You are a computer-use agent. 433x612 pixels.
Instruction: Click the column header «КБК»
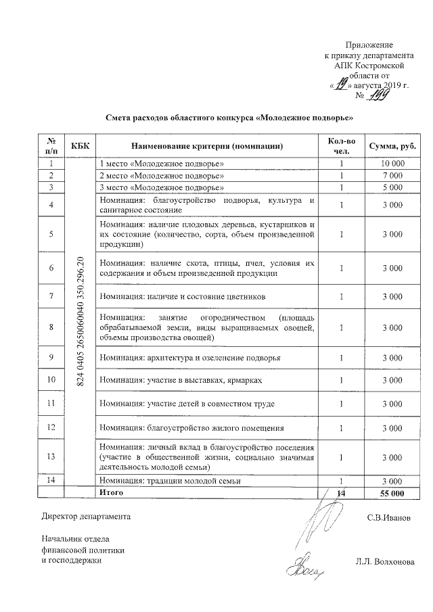(79, 145)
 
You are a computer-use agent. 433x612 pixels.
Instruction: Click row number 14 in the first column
(51, 481)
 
